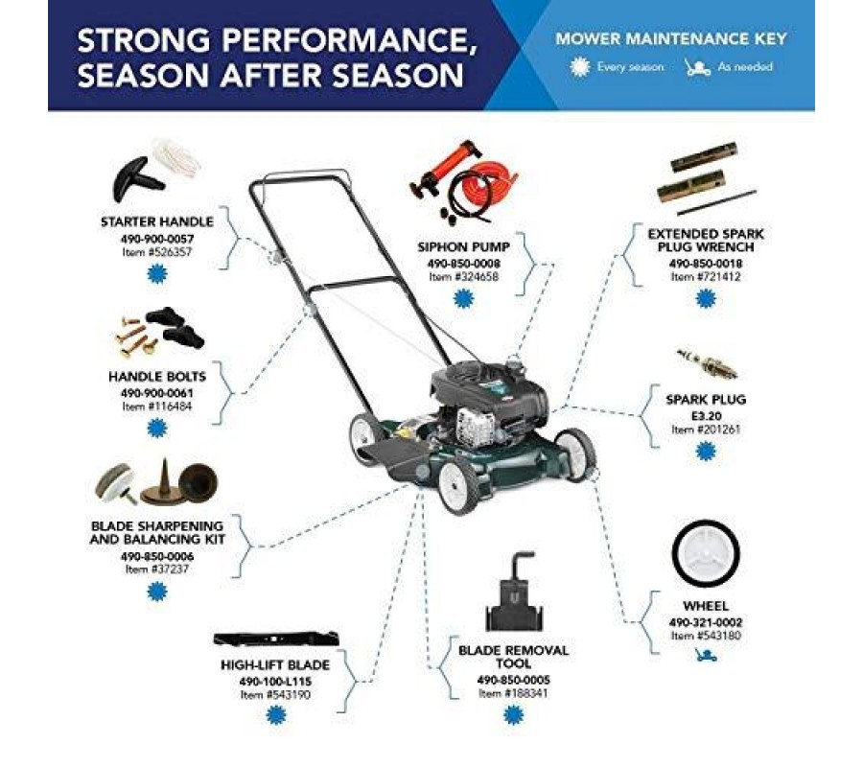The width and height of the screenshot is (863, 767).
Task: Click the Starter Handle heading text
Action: [x=157, y=221]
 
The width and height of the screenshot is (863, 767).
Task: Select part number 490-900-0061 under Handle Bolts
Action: [x=157, y=393]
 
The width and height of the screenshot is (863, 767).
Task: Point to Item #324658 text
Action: [x=463, y=277]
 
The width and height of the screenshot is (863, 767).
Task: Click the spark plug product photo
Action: [x=707, y=363]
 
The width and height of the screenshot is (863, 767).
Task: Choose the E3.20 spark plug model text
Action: [x=706, y=416]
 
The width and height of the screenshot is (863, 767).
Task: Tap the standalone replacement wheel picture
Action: [x=706, y=553]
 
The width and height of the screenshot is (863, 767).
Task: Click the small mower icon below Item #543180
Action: [x=706, y=655]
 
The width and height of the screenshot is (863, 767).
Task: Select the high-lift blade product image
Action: [x=276, y=639]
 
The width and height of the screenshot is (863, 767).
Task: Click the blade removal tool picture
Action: [x=514, y=592]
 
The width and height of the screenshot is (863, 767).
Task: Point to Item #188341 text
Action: [x=513, y=693]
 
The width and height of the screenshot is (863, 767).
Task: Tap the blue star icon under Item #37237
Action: [x=157, y=592]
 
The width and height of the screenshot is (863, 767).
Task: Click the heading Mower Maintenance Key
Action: [x=671, y=39]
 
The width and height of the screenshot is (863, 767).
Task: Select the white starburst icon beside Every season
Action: [x=580, y=67]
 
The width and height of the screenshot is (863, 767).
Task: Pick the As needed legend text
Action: [x=745, y=67]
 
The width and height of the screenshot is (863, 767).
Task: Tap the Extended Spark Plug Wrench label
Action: [x=706, y=241]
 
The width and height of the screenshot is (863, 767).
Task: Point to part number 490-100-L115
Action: [x=275, y=682]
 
